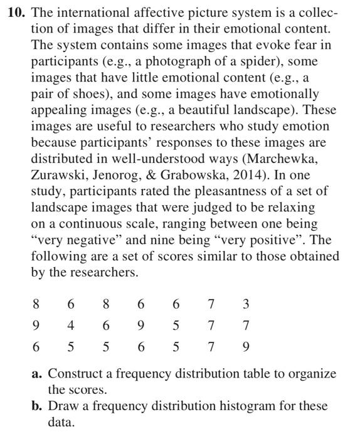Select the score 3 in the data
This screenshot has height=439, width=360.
tap(246, 304)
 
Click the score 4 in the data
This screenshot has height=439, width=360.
tap(71, 325)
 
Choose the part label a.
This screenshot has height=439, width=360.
tap(37, 374)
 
